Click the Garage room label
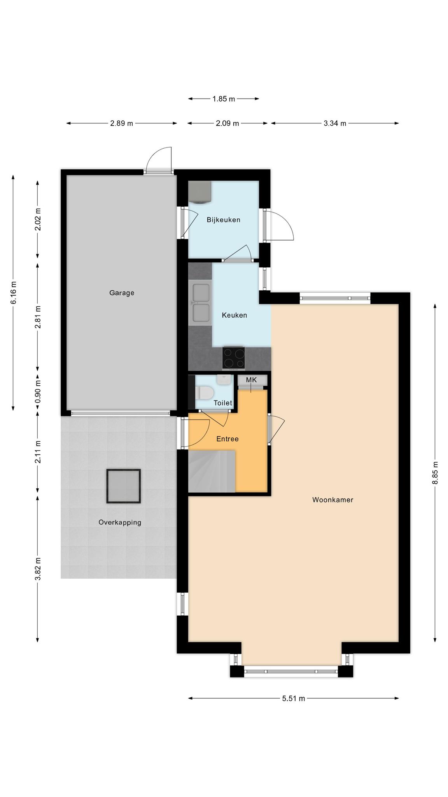coord(122,293)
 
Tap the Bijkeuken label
coord(224,220)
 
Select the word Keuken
coord(234,315)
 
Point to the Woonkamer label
coord(333,500)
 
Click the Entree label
coord(227,439)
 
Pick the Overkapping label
coord(120,523)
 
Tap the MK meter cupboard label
coord(252,380)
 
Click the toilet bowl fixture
coord(204,393)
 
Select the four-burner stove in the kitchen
coord(234,358)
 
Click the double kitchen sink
coord(200,303)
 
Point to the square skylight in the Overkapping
coord(124,486)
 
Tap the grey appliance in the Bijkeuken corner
coord(200,192)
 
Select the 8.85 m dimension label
coord(435,472)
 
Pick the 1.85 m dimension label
coord(224,99)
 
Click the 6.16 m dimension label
coord(14,292)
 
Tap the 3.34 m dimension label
coord(335,124)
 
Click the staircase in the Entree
coord(212,471)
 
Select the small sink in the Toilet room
coord(224,380)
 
